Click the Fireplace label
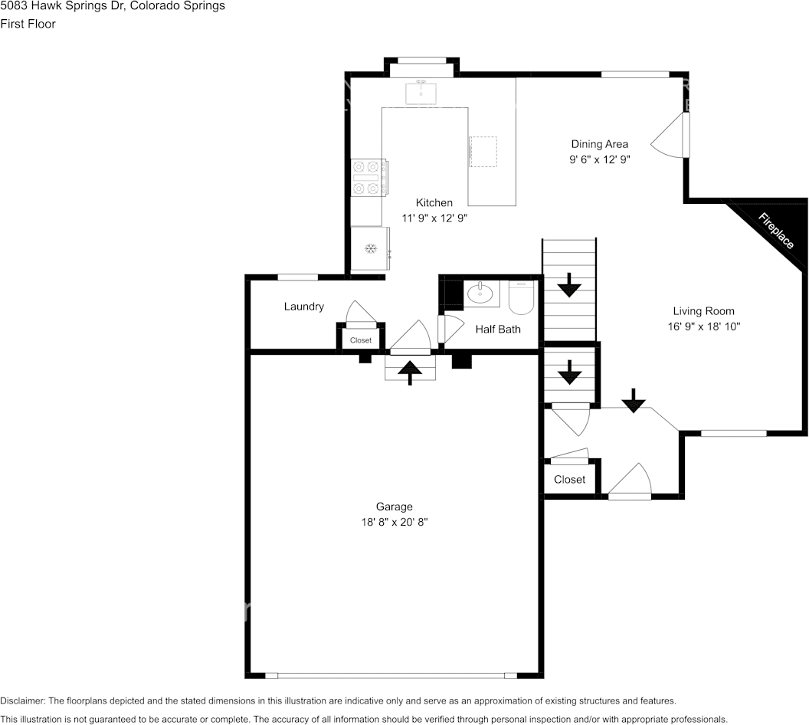pyautogui.click(x=775, y=231)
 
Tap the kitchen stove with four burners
pyautogui.click(x=369, y=178)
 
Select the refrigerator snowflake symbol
pyautogui.click(x=371, y=249)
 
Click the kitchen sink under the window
pyautogui.click(x=421, y=93)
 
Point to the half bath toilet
pyautogui.click(x=521, y=297)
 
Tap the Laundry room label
pyautogui.click(x=304, y=307)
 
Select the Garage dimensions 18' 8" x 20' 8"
pyautogui.click(x=395, y=522)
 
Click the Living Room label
pyautogui.click(x=704, y=311)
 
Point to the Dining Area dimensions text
pyautogui.click(x=600, y=159)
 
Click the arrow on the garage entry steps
pyautogui.click(x=410, y=372)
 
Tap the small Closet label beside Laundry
pyautogui.click(x=361, y=340)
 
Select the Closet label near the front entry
pyautogui.click(x=570, y=480)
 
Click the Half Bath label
pyautogui.click(x=498, y=330)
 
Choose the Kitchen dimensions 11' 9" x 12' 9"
pyautogui.click(x=434, y=218)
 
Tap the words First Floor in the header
pyautogui.click(x=28, y=24)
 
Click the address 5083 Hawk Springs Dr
pyautogui.click(x=61, y=6)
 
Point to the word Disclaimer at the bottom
pyautogui.click(x=23, y=700)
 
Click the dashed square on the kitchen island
pyautogui.click(x=483, y=152)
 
